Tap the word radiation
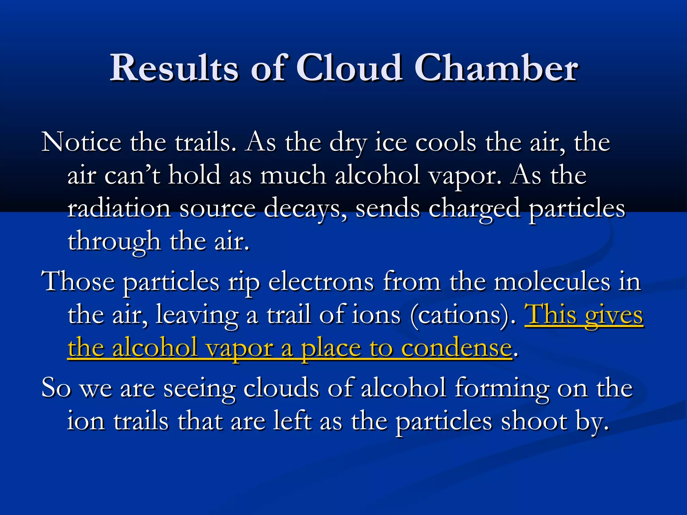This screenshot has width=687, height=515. point(119,208)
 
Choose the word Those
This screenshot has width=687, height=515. point(78,281)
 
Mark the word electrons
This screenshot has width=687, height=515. point(321,282)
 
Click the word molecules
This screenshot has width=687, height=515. point(552,282)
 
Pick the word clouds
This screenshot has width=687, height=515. point(281,388)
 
